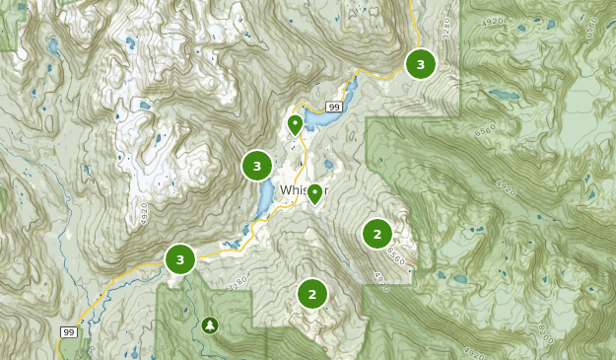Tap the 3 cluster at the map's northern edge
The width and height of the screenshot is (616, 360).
(421, 64)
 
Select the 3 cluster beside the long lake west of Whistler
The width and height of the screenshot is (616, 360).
(257, 166)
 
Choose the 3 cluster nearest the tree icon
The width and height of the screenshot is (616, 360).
(180, 259)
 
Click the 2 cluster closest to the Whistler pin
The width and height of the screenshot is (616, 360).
(376, 234)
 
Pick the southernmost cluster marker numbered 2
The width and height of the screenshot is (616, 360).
(312, 293)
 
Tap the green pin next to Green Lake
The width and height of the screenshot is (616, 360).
(295, 125)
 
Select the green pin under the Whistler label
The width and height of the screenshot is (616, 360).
(315, 194)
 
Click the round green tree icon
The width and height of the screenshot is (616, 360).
(209, 324)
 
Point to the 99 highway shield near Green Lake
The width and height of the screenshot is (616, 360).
(334, 107)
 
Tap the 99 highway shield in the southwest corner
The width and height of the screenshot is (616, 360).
(68, 331)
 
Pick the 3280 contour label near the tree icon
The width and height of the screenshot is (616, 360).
(238, 284)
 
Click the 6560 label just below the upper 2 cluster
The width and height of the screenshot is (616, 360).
(395, 255)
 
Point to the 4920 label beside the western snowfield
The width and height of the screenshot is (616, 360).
(144, 211)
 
